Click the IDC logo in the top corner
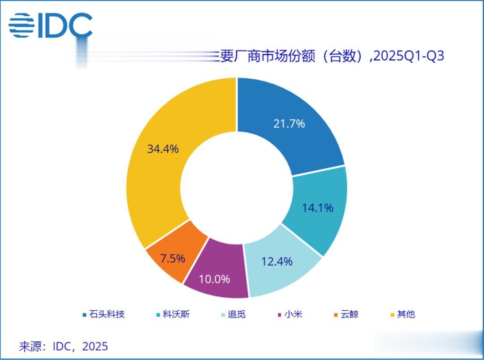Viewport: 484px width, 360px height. point(50,26)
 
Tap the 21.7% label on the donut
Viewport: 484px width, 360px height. point(289,124)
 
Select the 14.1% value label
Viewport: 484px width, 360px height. point(317,208)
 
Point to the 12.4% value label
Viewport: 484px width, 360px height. point(277,261)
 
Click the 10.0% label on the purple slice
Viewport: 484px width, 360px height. point(214,279)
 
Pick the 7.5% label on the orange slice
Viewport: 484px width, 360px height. point(173,258)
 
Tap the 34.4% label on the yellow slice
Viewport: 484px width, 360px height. point(163,149)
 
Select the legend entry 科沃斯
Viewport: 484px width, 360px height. point(176,314)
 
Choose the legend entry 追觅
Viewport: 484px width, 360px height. point(237,314)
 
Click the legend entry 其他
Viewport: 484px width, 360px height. point(406,314)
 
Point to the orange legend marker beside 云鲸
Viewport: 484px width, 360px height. point(336,315)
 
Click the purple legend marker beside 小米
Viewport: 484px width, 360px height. point(280,315)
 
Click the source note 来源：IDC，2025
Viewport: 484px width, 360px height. point(63,346)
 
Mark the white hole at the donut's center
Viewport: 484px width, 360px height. point(237,187)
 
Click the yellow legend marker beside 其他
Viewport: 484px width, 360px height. point(393,315)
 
